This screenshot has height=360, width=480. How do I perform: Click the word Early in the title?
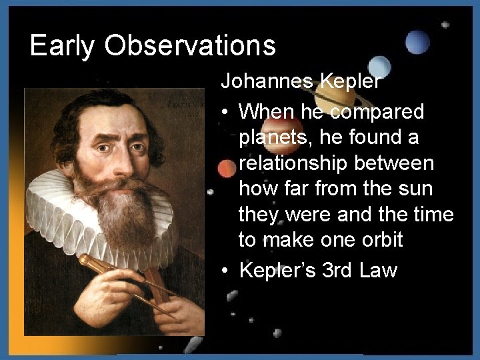point(59,46)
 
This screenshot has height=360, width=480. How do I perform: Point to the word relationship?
point(335,163)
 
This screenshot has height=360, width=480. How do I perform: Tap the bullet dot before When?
point(227,111)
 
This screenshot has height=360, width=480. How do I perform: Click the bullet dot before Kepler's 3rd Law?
point(227,271)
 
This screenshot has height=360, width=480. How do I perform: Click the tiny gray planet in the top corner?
point(445,24)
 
